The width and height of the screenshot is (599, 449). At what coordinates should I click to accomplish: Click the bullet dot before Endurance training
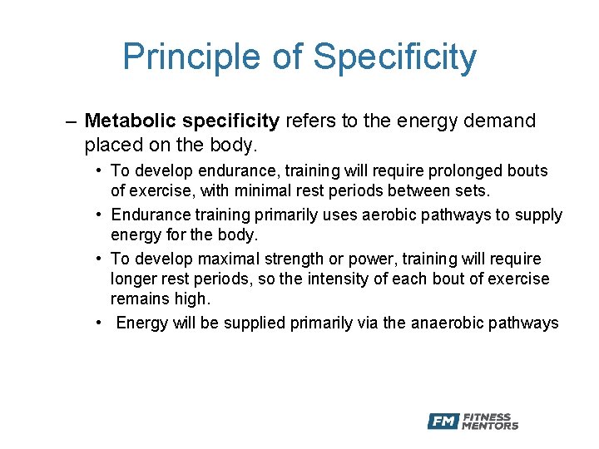point(98,215)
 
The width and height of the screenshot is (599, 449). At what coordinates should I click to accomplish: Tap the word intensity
point(311,279)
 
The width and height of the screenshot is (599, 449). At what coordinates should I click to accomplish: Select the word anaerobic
point(446,323)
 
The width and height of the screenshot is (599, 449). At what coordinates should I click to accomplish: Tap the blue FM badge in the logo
point(443,422)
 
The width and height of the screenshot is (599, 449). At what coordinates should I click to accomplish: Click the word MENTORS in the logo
point(490,426)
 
